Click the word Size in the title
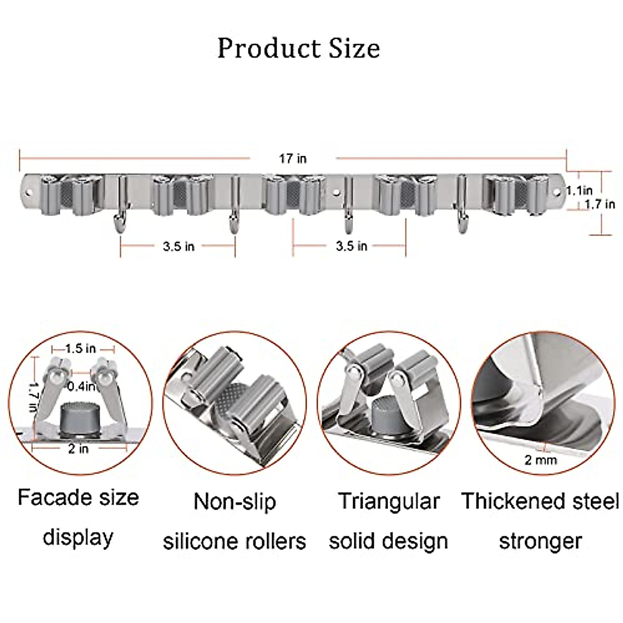point(354,48)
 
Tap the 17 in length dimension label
point(293,158)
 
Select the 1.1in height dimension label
point(579,191)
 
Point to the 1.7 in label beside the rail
point(600,204)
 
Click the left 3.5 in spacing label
point(179,247)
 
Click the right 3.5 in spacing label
point(351,246)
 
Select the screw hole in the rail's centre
point(338,193)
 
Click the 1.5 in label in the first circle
point(80,349)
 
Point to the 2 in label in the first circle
point(78,449)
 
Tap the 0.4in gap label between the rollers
point(80,386)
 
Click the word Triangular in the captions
point(389,502)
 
